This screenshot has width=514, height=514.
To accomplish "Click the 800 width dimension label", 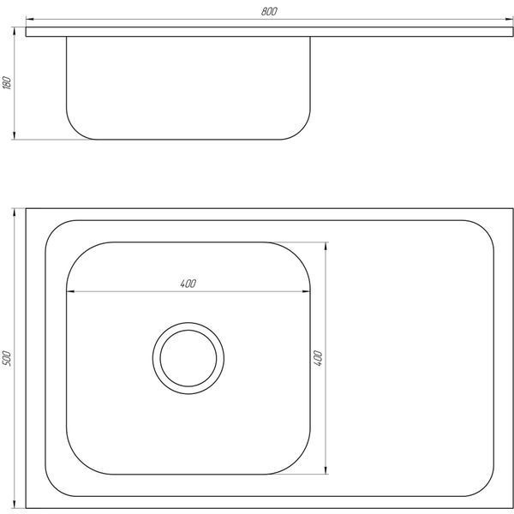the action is point(269,11).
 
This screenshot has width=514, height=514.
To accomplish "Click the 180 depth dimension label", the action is point(7,82).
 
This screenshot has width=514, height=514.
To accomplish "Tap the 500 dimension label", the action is point(7,358).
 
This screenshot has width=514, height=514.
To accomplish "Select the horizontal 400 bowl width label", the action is point(188,284).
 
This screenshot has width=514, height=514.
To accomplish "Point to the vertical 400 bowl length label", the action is point(318,358).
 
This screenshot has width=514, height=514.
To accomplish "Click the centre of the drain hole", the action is point(188,358).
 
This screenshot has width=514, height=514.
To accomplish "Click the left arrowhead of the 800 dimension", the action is point(30,20).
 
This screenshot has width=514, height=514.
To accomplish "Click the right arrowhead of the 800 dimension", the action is point(509,20).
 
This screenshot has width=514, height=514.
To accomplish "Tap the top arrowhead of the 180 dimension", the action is point(14,31).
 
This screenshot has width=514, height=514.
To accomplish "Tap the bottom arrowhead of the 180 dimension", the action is point(14,135).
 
